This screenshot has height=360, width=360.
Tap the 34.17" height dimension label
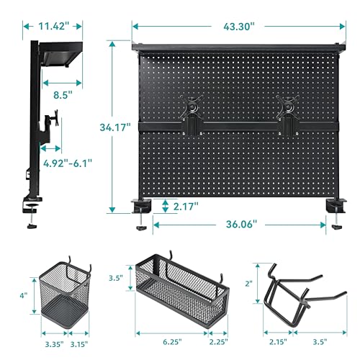pos(114,127)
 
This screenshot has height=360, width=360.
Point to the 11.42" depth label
pos(53,26)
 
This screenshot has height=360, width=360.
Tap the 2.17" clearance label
pos(186,207)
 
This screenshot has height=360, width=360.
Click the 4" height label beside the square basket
pos(24,294)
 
